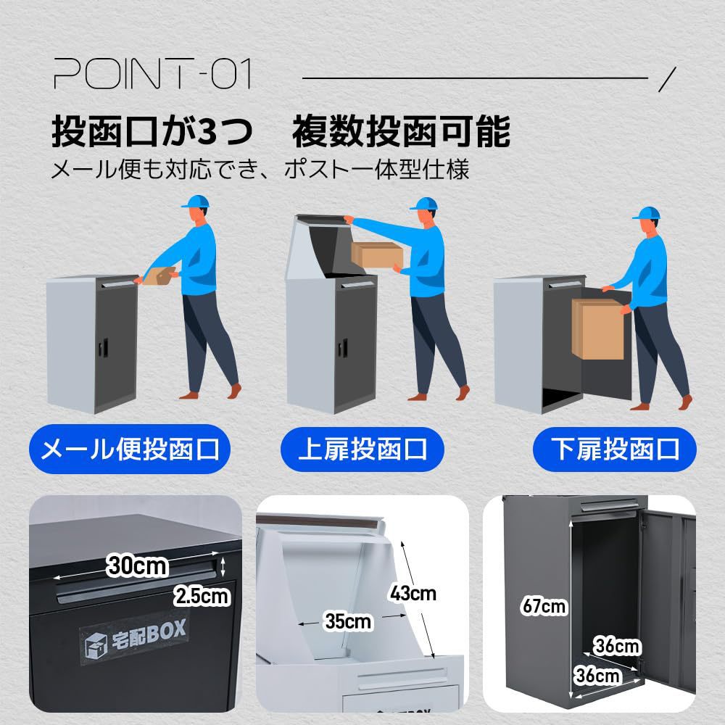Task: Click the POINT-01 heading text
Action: click(x=152, y=75)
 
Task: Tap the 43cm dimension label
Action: click(x=413, y=593)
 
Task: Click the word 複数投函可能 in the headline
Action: click(x=401, y=132)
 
